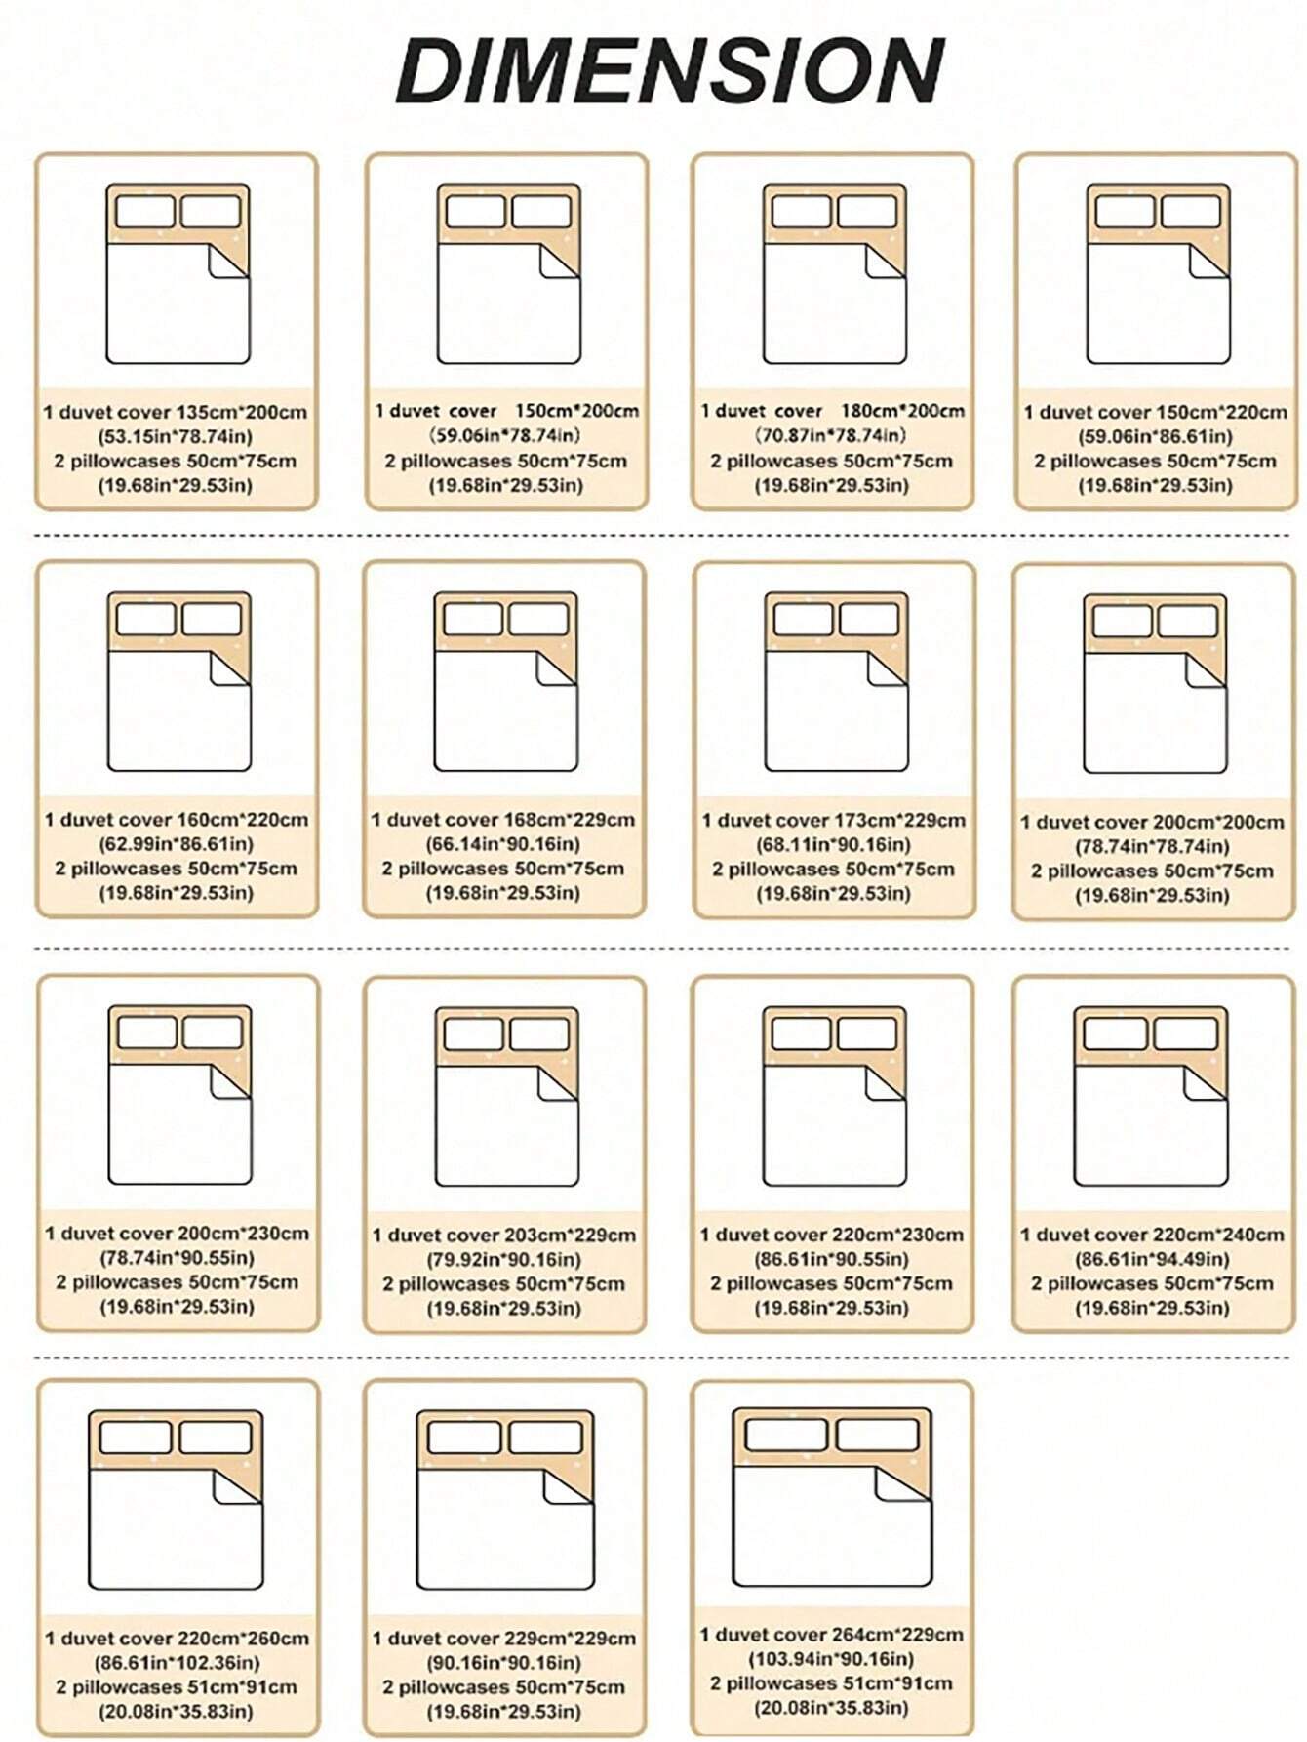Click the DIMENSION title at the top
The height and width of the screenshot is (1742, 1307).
[x=670, y=70]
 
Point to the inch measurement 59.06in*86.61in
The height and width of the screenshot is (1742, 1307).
[x=1156, y=436]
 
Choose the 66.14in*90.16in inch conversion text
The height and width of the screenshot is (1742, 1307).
[x=503, y=844]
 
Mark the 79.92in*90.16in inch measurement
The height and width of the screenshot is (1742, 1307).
[x=504, y=1259]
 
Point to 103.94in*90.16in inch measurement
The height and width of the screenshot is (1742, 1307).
[x=832, y=1659]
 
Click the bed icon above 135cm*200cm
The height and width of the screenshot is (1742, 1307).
[x=178, y=274]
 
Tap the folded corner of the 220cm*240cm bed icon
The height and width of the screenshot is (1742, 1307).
[x=1205, y=1083]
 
